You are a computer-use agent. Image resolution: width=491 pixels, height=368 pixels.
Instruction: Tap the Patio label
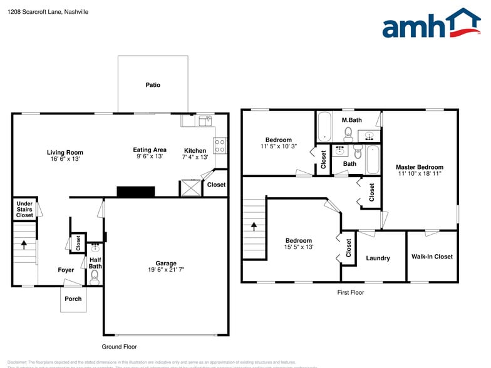pos(153,84)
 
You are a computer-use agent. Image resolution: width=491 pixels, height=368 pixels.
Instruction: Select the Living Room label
pos(65,152)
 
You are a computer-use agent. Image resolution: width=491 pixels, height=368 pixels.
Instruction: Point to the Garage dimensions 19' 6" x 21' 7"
pos(166,270)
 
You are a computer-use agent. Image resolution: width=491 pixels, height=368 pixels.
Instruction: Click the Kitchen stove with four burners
pos(220,146)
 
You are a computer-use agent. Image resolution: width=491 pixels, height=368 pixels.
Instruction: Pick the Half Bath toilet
pos(95,277)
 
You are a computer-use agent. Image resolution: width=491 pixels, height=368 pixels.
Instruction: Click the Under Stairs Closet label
pos(24,210)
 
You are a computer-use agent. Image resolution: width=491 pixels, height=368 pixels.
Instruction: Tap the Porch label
pos(73,299)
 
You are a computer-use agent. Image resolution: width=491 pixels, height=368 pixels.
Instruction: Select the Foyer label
pos(66,270)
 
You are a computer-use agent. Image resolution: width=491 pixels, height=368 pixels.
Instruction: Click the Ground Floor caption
pos(119,347)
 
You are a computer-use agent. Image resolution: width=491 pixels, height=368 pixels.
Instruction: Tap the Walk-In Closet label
pos(432,257)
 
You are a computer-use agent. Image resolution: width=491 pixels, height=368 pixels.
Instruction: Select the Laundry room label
pos(378,258)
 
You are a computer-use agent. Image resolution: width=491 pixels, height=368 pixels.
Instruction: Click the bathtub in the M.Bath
pos(325,127)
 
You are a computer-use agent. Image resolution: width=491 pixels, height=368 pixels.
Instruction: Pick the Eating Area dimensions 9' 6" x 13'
pos(149,156)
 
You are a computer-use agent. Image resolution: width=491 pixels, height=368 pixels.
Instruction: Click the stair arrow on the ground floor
pos(24,244)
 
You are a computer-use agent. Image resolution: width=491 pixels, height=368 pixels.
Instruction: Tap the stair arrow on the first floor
pos(254,226)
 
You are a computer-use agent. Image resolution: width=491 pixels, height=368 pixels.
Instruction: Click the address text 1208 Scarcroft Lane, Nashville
pos(48,12)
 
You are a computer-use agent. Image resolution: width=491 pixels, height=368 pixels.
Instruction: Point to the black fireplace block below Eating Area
pos(136,192)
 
